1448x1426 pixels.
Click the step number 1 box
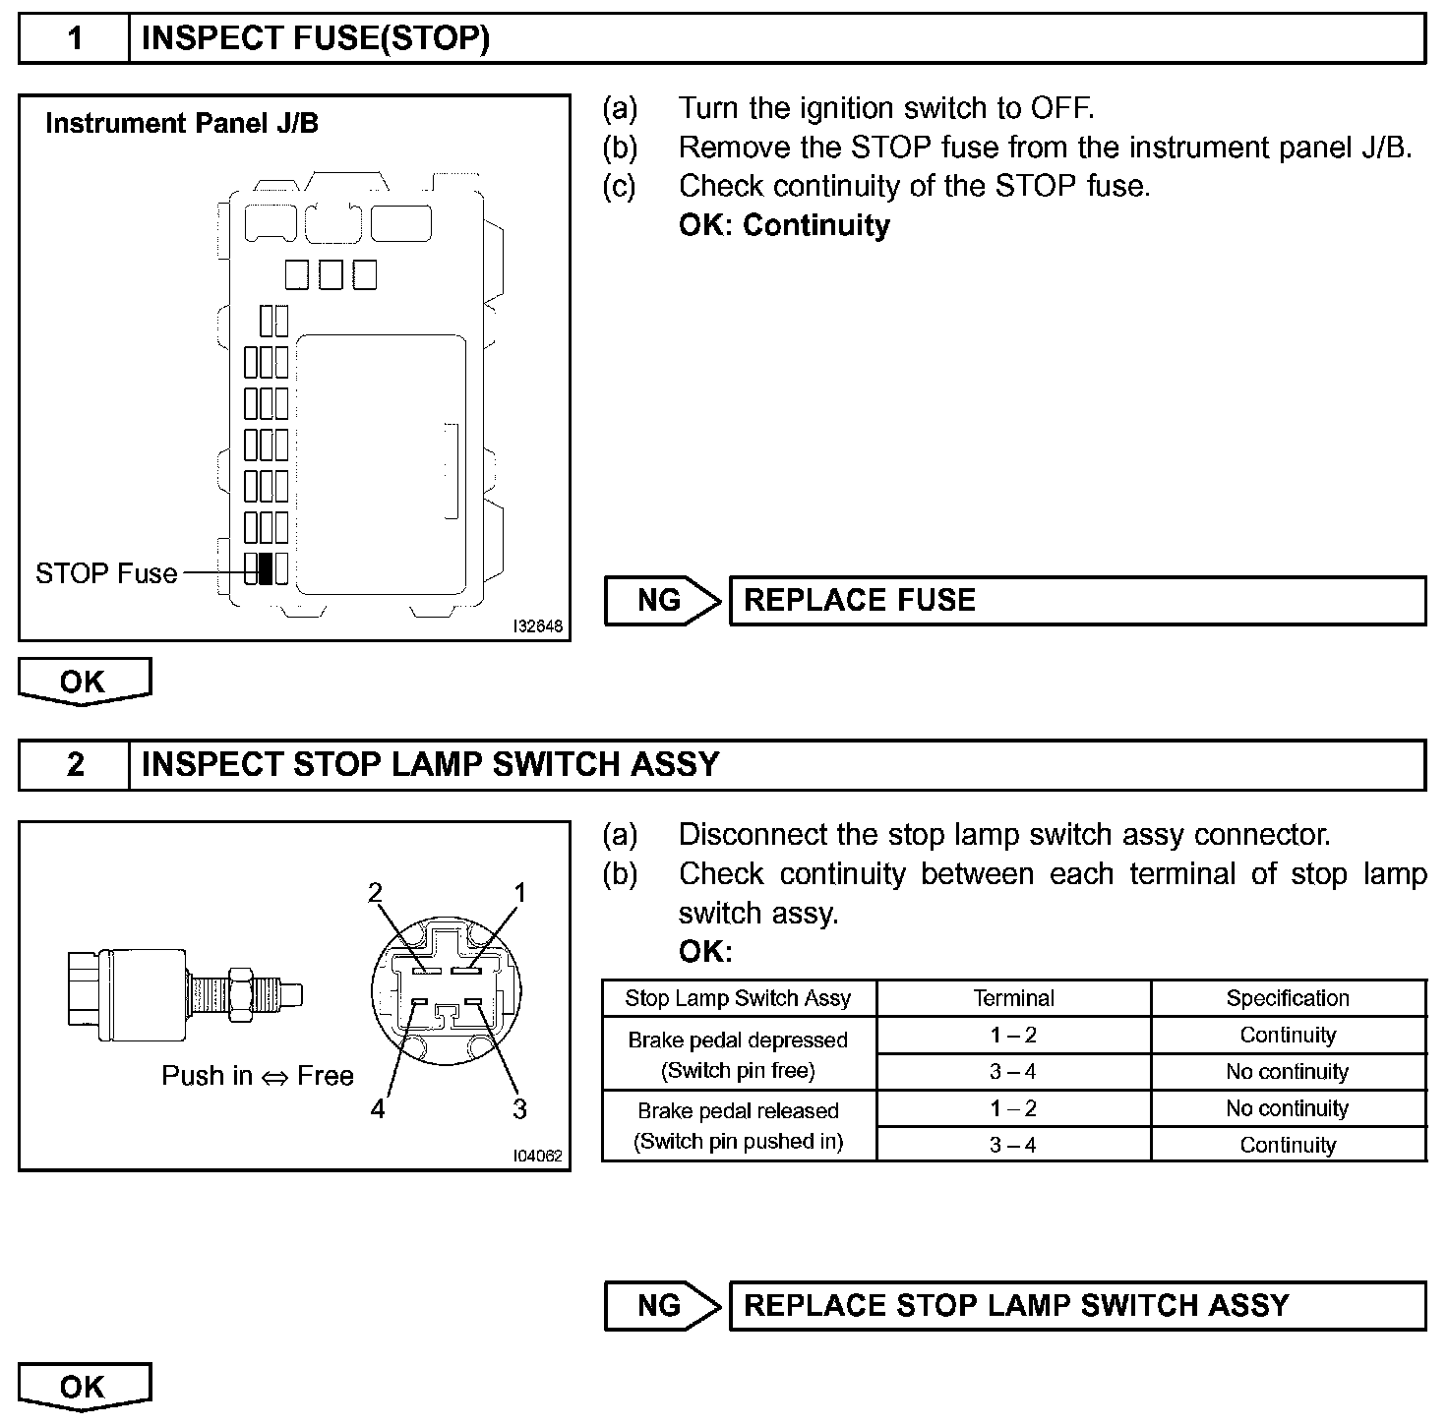point(75,39)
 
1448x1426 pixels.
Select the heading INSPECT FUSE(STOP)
point(315,39)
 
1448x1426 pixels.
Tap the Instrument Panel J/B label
point(182,124)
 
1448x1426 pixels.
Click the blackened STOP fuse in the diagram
point(265,568)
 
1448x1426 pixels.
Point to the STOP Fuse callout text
point(106,573)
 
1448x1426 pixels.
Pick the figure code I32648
point(538,626)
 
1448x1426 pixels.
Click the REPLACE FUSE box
point(1076,601)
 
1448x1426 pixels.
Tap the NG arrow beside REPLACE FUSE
point(662,601)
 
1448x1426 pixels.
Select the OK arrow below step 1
point(85,683)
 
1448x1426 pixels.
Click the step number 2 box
point(75,765)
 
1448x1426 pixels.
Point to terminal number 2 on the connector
point(375,893)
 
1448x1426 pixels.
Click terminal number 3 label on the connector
point(519,1109)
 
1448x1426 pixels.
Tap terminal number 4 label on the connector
point(378,1109)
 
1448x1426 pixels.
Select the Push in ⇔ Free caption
point(258,1076)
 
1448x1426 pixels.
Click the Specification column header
point(1288,998)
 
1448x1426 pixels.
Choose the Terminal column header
point(1013,998)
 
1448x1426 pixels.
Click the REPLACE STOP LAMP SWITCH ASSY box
point(1076,1306)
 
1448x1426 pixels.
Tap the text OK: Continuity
point(784,225)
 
